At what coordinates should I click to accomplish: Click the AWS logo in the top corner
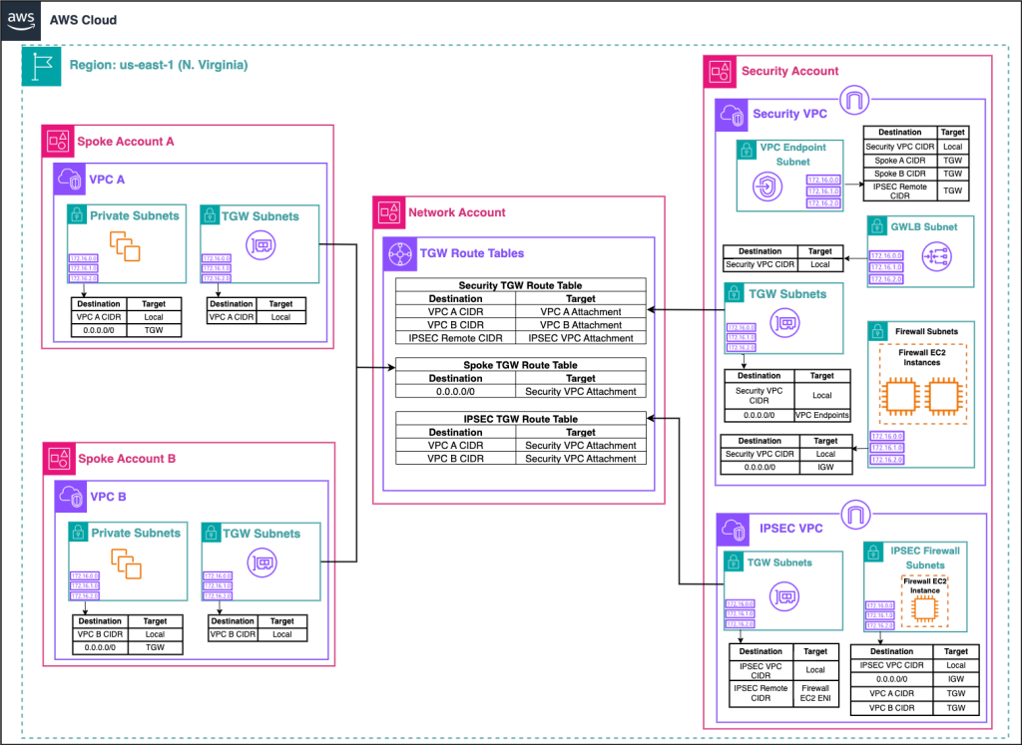click(21, 19)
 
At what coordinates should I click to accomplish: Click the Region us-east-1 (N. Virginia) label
click(159, 65)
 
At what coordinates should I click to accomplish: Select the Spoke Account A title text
click(126, 142)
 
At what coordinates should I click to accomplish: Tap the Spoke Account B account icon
click(58, 459)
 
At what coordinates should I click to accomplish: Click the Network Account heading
click(456, 212)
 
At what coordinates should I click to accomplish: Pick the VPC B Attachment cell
click(581, 325)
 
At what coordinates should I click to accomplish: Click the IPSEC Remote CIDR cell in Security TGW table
click(455, 338)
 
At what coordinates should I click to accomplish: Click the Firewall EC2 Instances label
click(921, 356)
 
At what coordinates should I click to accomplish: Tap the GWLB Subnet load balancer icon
click(938, 256)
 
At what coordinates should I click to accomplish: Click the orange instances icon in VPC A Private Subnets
click(126, 246)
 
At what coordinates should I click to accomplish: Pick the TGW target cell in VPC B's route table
click(155, 647)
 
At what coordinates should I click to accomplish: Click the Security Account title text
click(789, 71)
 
